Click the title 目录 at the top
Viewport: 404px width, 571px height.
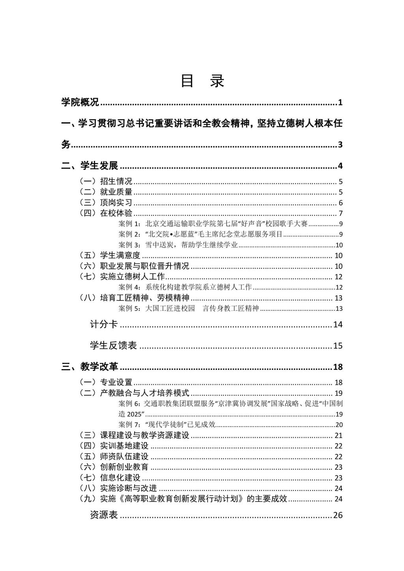202,81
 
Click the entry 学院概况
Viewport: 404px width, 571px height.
80,103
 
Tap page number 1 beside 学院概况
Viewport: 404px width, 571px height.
340,103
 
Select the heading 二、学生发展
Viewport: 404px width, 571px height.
90,166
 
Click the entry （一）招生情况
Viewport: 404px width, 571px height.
106,181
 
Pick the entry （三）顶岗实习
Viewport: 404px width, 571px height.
106,203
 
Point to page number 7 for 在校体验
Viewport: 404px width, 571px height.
340,214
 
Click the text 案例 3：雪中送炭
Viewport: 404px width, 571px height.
178,245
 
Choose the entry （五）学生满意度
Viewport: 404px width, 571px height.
110,256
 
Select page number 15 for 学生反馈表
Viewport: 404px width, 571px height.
338,346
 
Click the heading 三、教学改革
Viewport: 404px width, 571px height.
90,367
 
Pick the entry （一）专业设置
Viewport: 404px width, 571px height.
106,383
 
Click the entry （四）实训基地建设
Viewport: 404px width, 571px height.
114,446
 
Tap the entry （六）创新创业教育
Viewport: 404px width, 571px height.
114,467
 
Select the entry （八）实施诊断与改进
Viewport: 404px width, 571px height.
118,489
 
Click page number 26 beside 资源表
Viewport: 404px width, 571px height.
338,515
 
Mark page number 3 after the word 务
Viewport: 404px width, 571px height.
340,145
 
